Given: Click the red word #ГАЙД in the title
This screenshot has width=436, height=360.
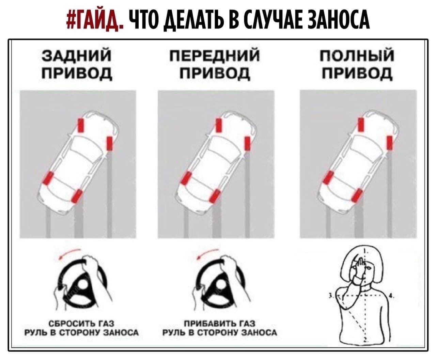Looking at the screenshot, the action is pyautogui.click(x=94, y=20).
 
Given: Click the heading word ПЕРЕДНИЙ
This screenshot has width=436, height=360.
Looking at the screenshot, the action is pyautogui.click(x=215, y=56).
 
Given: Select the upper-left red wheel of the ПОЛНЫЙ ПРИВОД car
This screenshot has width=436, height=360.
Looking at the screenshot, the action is pyautogui.click(x=361, y=124).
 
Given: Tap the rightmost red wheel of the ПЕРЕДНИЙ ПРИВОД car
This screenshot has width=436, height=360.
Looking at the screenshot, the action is pyautogui.click(x=248, y=143).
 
